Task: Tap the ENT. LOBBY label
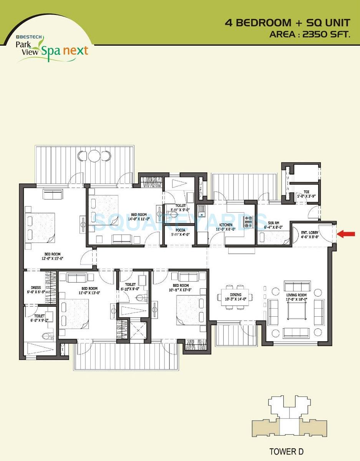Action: coord(310,233)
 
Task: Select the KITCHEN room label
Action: coord(226,225)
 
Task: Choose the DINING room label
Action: coord(236,295)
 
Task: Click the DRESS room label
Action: coord(36,287)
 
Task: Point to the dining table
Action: coord(235,297)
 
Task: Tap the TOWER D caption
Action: coord(286,451)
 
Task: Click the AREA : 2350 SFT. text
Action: coord(310,34)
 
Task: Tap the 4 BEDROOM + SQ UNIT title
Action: coord(287,23)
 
